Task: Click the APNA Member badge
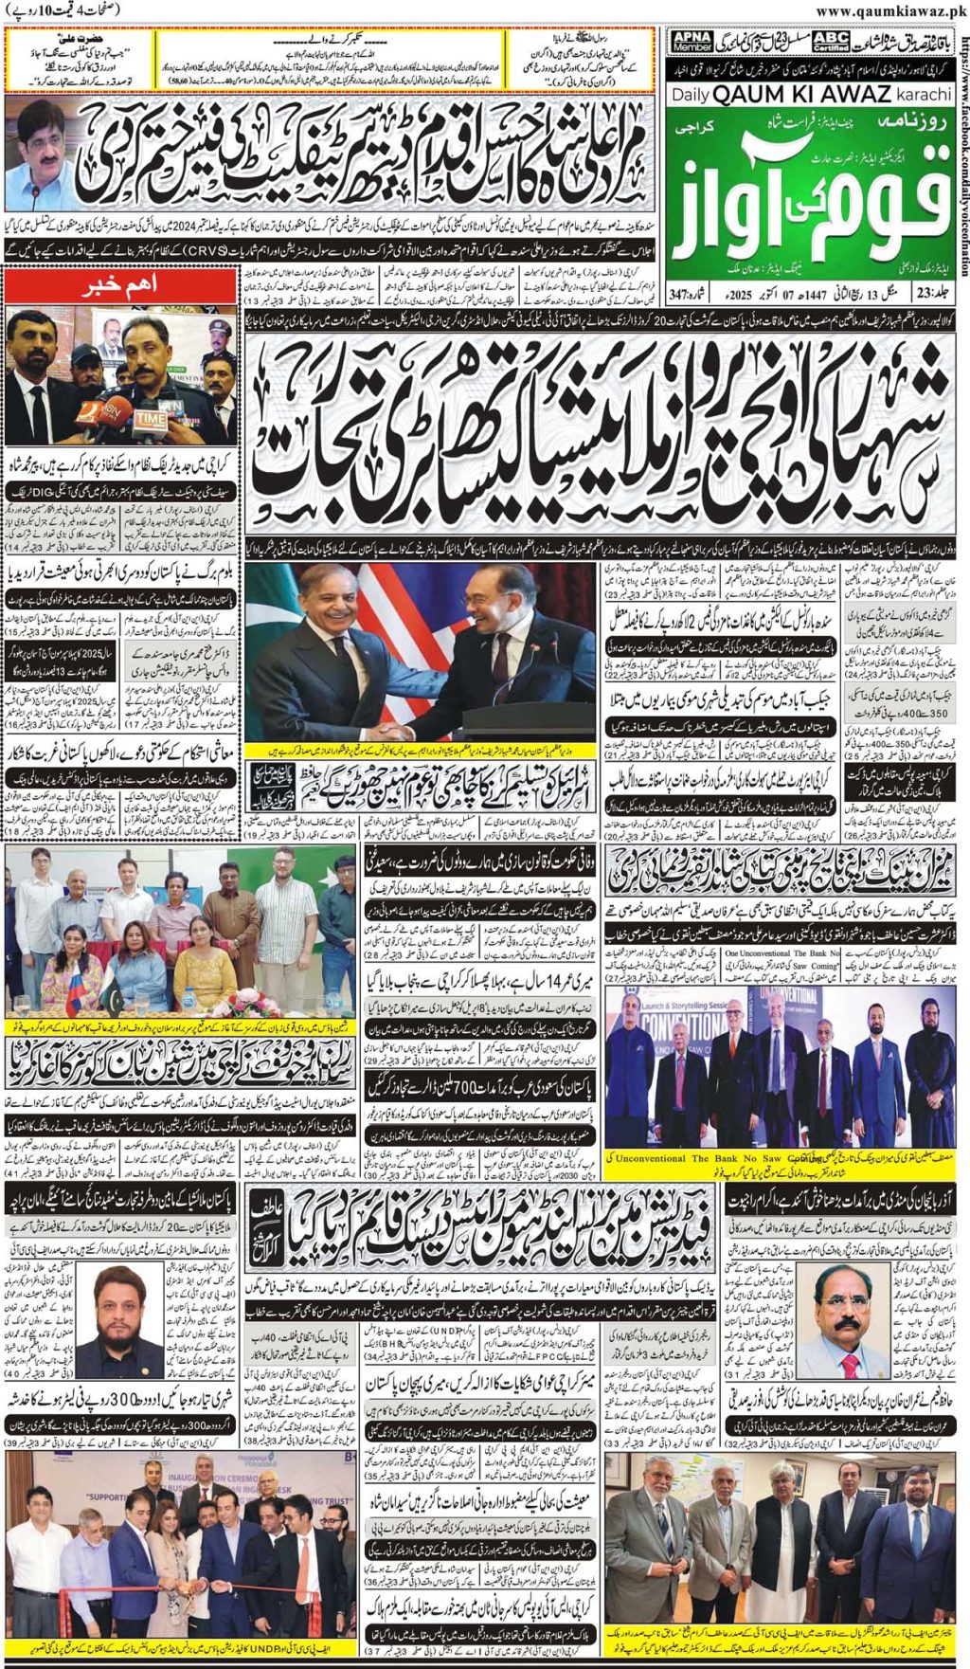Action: point(691,41)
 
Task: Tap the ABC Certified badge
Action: point(830,41)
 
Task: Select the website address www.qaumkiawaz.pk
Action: point(890,10)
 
